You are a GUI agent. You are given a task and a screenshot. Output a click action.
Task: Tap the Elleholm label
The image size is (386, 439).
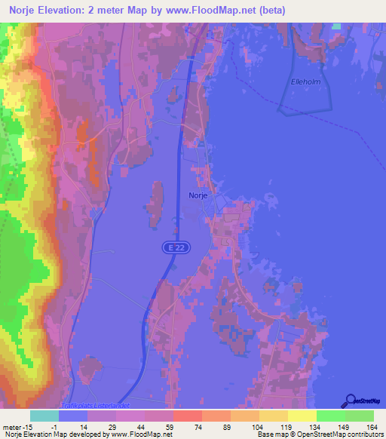306,82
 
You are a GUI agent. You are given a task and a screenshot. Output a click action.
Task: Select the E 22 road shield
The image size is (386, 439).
173,247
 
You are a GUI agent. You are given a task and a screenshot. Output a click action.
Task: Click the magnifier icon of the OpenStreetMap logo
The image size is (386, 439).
349,401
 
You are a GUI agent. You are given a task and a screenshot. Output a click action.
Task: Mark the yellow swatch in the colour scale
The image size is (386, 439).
302,416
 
